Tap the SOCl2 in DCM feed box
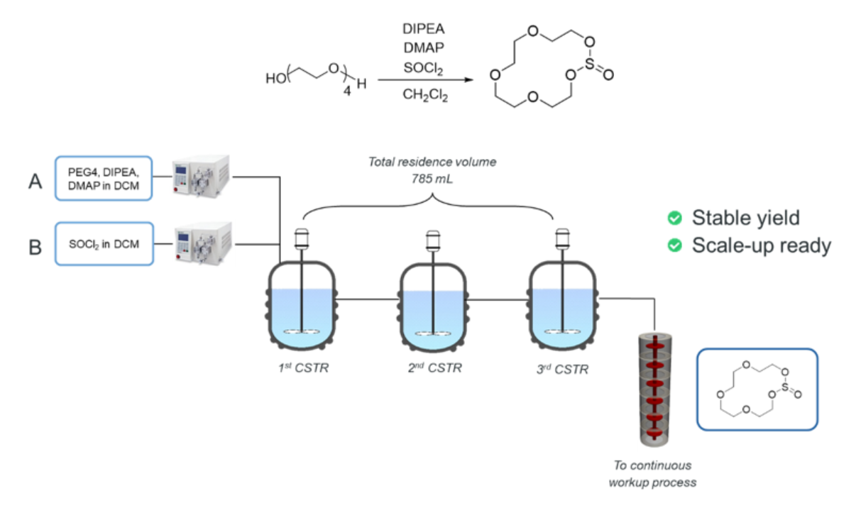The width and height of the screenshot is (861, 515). click(104, 245)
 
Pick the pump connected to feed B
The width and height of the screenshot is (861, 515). click(202, 244)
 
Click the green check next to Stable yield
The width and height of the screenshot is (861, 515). click(675, 217)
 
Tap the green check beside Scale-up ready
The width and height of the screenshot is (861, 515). click(675, 245)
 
